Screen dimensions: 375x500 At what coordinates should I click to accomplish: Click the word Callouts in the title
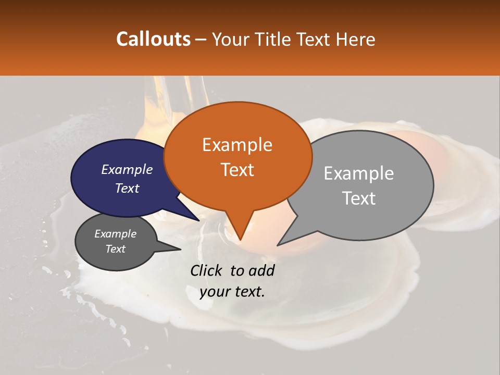pyautogui.click(x=153, y=39)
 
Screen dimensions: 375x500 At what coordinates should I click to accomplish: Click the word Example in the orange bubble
pyautogui.click(x=237, y=145)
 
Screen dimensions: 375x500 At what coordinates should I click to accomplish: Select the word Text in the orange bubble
pyautogui.click(x=238, y=170)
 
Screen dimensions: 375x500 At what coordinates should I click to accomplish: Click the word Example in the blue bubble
pyautogui.click(x=127, y=169)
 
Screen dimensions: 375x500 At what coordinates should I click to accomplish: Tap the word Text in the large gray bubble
pyautogui.click(x=359, y=198)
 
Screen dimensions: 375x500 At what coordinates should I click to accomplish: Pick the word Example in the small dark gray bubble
pyautogui.click(x=115, y=234)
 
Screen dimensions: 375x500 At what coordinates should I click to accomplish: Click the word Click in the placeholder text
pyautogui.click(x=207, y=270)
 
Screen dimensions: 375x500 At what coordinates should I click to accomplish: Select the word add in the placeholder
pyautogui.click(x=262, y=270)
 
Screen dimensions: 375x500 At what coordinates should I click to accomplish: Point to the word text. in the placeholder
pyautogui.click(x=248, y=292)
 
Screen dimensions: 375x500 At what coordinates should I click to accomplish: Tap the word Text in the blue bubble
pyautogui.click(x=127, y=188)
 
